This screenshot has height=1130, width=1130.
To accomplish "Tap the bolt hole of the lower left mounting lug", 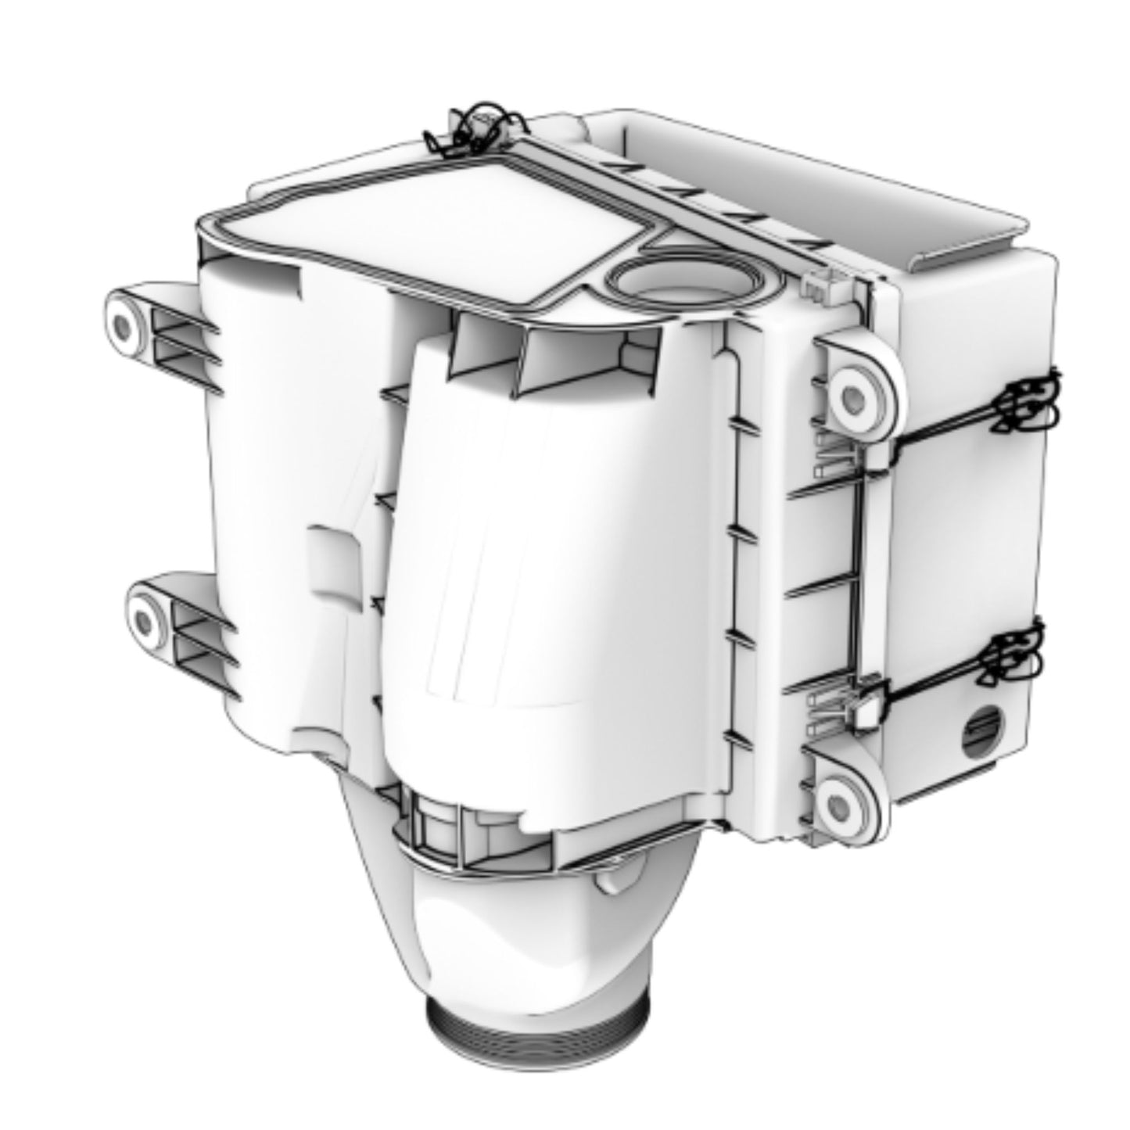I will click(143, 622).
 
